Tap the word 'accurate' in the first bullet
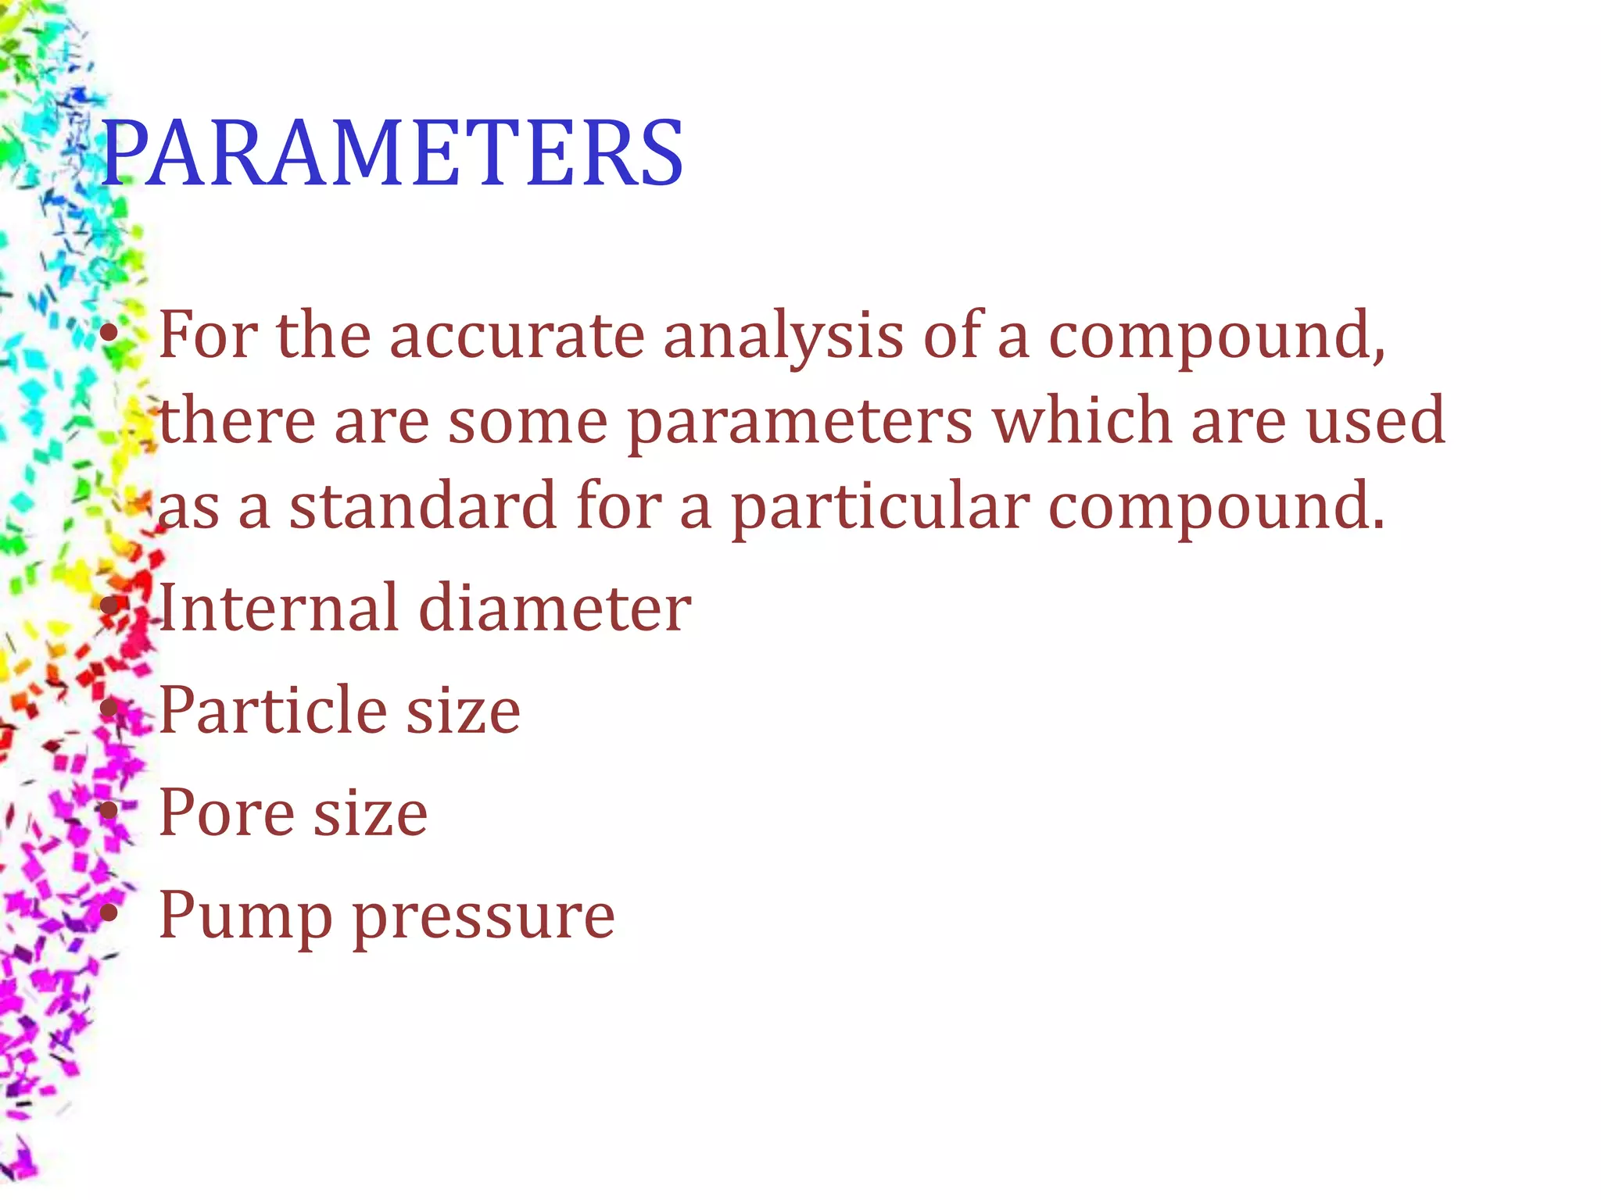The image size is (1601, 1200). tap(517, 335)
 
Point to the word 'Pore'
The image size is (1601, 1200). tap(227, 812)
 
